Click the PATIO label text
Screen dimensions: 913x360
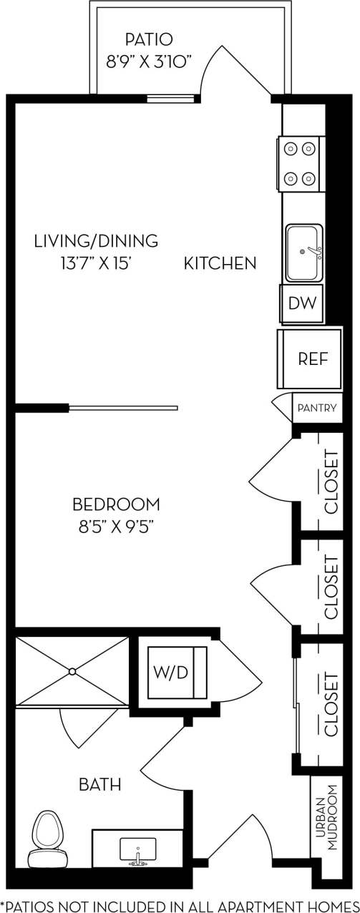(x=149, y=39)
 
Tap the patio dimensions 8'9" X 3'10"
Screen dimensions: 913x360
(x=149, y=62)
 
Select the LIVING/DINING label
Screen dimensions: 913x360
(x=96, y=240)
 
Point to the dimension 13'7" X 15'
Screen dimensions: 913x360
(x=96, y=263)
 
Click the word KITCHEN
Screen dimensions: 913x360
(x=220, y=263)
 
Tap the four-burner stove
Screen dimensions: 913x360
(x=300, y=164)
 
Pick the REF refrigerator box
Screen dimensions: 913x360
(x=313, y=359)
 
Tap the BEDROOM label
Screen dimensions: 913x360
(x=116, y=504)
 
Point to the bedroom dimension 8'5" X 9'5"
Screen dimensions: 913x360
(x=116, y=527)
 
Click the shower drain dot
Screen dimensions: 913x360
(x=72, y=671)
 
